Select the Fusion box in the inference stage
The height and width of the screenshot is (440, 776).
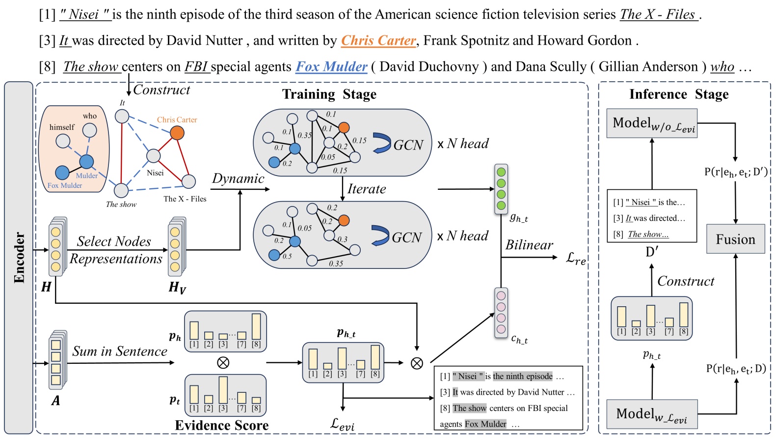point(735,239)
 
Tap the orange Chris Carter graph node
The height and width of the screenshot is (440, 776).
point(177,133)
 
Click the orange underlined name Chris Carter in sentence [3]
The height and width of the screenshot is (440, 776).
point(378,40)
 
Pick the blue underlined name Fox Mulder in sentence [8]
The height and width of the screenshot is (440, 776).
point(331,66)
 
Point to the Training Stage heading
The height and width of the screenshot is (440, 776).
point(329,94)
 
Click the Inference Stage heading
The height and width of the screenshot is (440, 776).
point(679,94)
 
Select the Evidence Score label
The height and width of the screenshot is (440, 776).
point(222,425)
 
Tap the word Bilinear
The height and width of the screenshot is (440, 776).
point(529,245)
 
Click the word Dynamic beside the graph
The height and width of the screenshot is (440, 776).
point(238,178)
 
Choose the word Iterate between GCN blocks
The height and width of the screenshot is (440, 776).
point(367,189)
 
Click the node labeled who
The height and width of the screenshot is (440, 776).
point(89,130)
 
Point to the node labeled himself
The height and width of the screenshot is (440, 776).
point(63,141)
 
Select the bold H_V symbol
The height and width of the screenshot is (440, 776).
point(177,287)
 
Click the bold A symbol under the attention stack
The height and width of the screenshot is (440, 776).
point(56,401)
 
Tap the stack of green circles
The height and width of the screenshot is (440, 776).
point(501,189)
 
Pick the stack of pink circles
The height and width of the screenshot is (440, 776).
point(501,313)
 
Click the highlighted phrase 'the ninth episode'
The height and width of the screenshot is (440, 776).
point(523,376)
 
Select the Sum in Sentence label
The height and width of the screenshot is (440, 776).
point(120,351)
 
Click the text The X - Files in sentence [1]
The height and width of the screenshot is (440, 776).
point(658,14)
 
